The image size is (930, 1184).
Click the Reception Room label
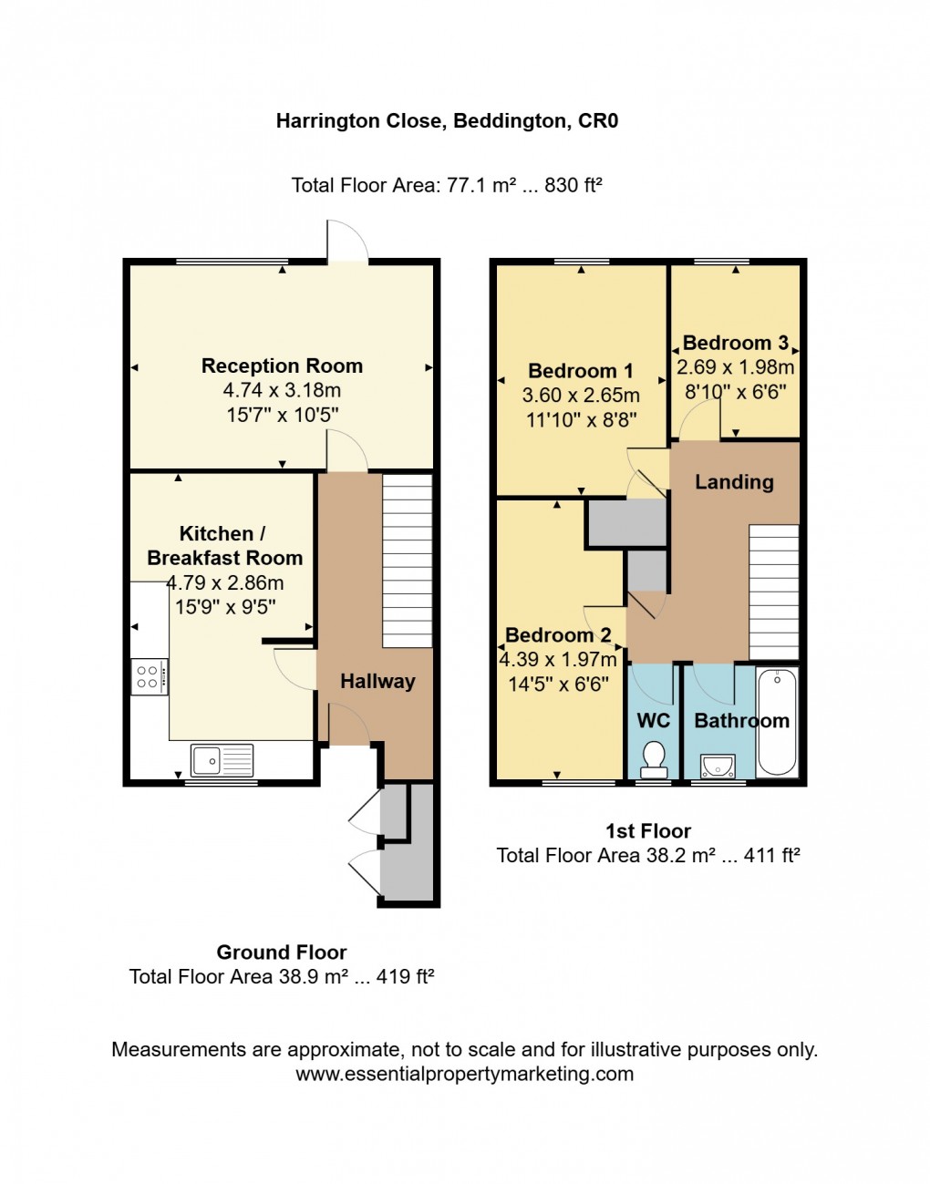282,365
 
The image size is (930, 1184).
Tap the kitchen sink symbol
222,759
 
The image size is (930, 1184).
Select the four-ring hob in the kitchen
149,676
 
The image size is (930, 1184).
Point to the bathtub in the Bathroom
777,722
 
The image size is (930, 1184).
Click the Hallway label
377,681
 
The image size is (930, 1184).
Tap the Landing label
734,481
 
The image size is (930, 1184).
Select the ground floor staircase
407,561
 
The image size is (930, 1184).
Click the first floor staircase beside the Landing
773,592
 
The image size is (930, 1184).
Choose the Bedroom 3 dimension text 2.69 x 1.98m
735,367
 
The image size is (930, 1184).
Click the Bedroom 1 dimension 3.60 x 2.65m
581,396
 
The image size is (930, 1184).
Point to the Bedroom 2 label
558,635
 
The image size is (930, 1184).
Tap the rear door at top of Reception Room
347,242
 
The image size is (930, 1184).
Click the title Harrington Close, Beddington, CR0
447,120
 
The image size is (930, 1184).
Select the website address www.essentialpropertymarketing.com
464,1074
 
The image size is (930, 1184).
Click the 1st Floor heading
648,830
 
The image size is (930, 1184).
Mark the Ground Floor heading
281,952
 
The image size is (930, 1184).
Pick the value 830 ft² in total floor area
573,185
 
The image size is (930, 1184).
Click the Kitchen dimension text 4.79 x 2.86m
225,582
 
